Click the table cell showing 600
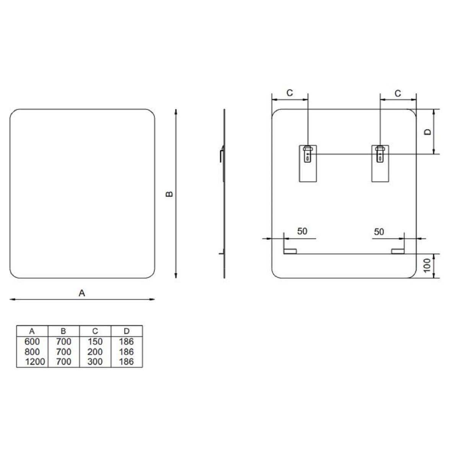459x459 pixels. tap(32, 342)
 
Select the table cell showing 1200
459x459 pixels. tap(35, 361)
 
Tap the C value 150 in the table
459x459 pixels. tap(95, 342)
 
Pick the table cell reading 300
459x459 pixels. tap(95, 361)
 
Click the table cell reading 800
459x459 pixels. tap(32, 352)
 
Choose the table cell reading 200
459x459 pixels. tap(95, 352)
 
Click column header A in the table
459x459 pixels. tap(32, 331)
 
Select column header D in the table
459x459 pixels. tap(127, 331)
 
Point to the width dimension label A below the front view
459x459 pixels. tap(82, 293)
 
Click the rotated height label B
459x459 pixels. tap(169, 194)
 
